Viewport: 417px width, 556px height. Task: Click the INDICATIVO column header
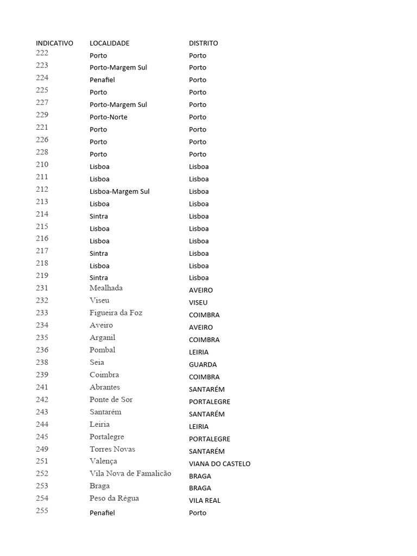54,43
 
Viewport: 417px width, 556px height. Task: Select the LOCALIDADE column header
109,43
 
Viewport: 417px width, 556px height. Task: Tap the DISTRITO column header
203,43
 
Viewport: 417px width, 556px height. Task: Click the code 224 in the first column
42,78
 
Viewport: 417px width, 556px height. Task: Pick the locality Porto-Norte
109,117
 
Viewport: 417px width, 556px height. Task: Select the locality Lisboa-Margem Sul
119,191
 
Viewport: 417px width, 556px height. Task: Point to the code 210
42,165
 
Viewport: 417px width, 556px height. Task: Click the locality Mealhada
106,288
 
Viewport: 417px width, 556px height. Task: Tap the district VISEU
198,302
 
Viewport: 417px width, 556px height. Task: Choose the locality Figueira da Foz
116,313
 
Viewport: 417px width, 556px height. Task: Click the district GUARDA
203,364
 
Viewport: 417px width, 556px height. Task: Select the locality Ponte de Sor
111,400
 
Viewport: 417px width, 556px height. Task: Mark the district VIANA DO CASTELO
219,464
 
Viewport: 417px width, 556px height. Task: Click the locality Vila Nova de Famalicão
130,473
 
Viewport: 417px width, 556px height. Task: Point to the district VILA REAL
205,501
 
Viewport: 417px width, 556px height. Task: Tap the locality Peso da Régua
114,498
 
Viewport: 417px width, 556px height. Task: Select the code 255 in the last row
42,510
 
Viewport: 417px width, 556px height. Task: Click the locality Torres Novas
112,449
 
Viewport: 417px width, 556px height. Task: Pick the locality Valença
103,461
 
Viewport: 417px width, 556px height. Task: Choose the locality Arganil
102,338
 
